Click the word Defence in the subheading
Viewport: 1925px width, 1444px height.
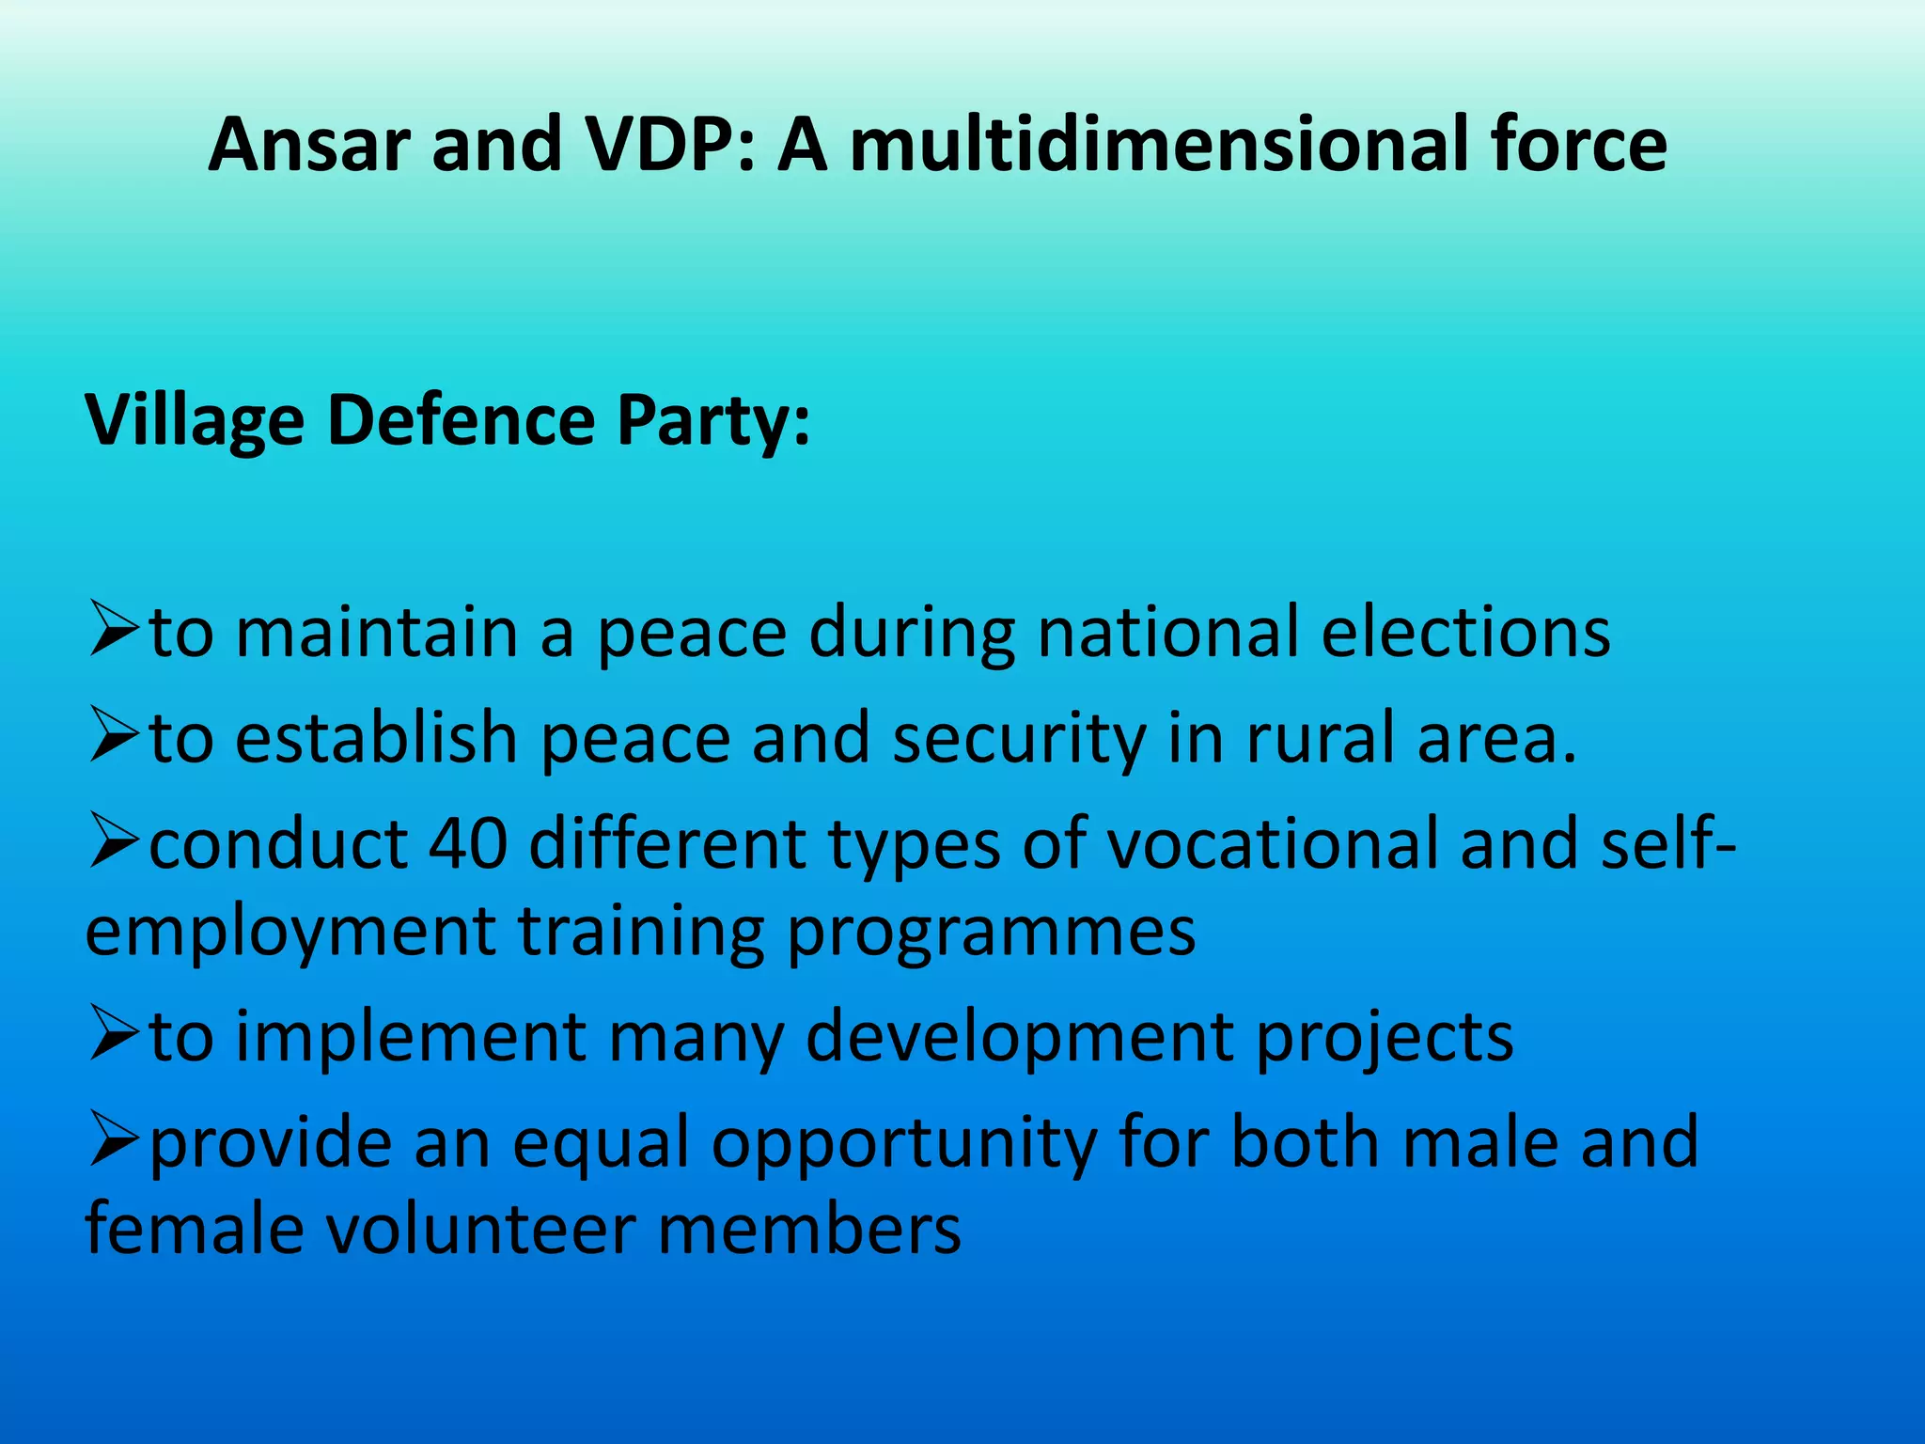click(461, 419)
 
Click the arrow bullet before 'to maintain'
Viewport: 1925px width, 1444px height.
click(115, 629)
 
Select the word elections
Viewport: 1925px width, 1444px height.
click(1466, 632)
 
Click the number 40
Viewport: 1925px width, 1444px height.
click(468, 844)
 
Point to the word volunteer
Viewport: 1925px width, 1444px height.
click(480, 1229)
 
